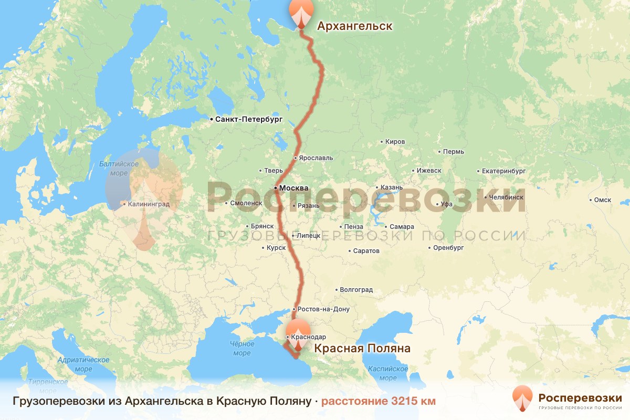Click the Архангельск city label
pyautogui.click(x=354, y=26)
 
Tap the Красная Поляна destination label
pyautogui.click(x=362, y=349)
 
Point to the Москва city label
pyautogui.click(x=294, y=188)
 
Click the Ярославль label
pyautogui.click(x=316, y=157)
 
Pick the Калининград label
pyautogui.click(x=149, y=204)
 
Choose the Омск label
pyautogui.click(x=603, y=199)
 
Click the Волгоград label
pyautogui.click(x=356, y=290)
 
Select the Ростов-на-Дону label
pyautogui.click(x=323, y=309)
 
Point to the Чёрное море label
pyautogui.click(x=242, y=349)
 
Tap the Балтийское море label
pyautogui.click(x=119, y=169)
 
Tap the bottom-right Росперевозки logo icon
pyautogui.click(x=522, y=397)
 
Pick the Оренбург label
pyautogui.click(x=448, y=247)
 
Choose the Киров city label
pyautogui.click(x=395, y=142)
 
